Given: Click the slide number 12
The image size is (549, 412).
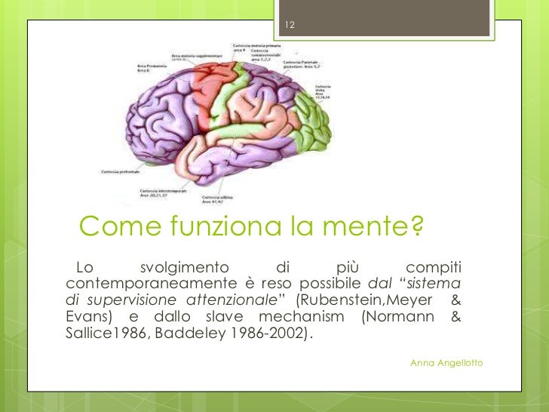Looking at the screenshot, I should click(x=290, y=27).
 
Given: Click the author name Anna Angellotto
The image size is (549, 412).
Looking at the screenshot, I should click(x=446, y=364).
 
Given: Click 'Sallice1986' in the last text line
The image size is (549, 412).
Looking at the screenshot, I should click(x=104, y=332).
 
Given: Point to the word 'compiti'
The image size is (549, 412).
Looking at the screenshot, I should click(x=434, y=267).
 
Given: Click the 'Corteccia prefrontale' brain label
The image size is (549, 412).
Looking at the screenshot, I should click(x=121, y=171).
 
